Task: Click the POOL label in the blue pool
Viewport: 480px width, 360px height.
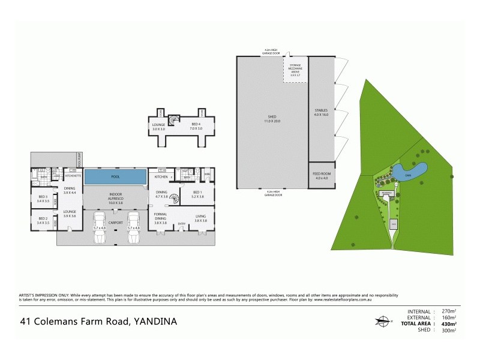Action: (x=115, y=177)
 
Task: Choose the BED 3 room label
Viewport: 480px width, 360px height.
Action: (x=43, y=197)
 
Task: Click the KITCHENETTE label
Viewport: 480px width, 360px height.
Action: (x=73, y=176)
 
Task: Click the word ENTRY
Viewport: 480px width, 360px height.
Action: (x=181, y=225)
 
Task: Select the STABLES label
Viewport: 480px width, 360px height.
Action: (x=321, y=112)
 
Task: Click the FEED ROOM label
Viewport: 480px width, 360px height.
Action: (x=321, y=176)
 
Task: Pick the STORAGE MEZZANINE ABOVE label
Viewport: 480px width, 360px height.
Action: (x=295, y=70)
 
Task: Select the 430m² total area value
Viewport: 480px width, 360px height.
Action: (x=449, y=323)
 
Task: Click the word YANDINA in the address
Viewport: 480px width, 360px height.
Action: (x=154, y=322)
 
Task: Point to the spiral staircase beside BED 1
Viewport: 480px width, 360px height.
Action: (x=173, y=197)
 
